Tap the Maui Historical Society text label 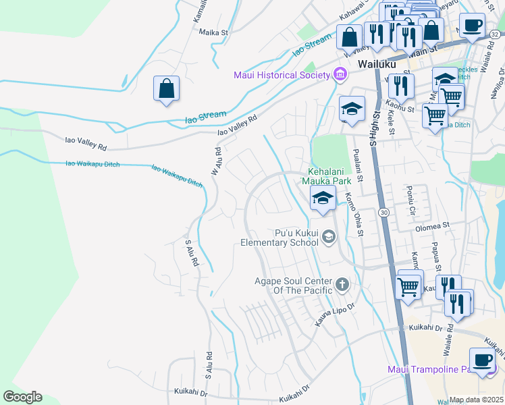281,74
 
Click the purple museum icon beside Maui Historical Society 338,74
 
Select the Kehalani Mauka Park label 331,175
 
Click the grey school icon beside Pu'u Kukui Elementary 329,236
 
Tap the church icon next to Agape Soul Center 342,284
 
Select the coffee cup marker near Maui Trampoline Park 482,360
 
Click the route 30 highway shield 383,212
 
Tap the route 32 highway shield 496,35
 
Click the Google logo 22,397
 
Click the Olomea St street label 432,226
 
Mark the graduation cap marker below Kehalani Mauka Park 323,198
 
